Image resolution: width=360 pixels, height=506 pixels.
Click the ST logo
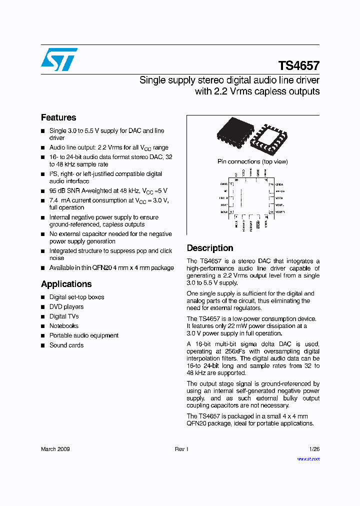click(x=59, y=59)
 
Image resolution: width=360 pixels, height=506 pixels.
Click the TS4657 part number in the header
click(x=298, y=66)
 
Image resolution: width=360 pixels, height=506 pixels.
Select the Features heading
click(x=58, y=117)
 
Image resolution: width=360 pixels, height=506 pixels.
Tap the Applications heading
click(x=66, y=284)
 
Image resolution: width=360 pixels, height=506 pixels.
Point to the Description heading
click(x=210, y=248)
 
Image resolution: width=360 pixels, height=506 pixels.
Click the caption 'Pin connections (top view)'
click(x=252, y=161)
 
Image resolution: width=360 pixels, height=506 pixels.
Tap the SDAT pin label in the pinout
click(x=223, y=205)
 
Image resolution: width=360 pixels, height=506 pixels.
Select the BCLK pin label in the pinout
click(x=223, y=212)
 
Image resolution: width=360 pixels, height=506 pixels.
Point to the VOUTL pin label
click(x=280, y=205)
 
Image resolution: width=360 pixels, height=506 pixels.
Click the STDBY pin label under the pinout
click(x=258, y=225)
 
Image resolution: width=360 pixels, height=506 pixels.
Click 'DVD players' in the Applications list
click(x=66, y=307)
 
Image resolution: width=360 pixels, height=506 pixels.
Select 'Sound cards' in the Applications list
click(x=66, y=345)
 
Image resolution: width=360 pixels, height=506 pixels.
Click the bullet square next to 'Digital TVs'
click(x=43, y=317)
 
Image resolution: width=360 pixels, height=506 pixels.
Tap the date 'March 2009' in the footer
click(x=55, y=449)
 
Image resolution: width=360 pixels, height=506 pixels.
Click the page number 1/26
click(x=314, y=449)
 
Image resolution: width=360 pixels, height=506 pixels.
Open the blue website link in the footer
click(x=308, y=458)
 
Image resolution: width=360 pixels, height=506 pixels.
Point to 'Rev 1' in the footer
click(x=181, y=449)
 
